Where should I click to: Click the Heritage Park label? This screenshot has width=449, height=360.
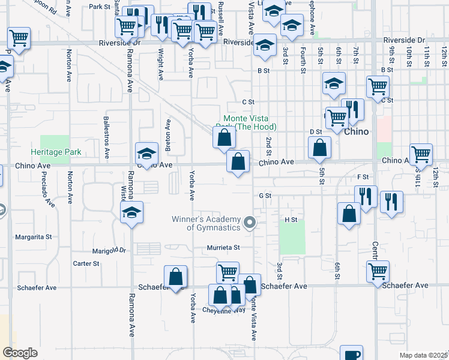(x=56, y=152)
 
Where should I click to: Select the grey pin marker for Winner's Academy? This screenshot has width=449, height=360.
(x=250, y=224)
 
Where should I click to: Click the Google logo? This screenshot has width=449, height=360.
(x=20, y=353)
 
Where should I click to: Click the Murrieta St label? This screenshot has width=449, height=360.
(x=223, y=247)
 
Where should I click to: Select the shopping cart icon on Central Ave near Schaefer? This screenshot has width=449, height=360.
(x=378, y=271)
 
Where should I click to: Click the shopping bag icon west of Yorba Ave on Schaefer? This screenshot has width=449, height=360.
(x=175, y=277)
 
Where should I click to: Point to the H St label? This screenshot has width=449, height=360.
(x=291, y=220)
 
